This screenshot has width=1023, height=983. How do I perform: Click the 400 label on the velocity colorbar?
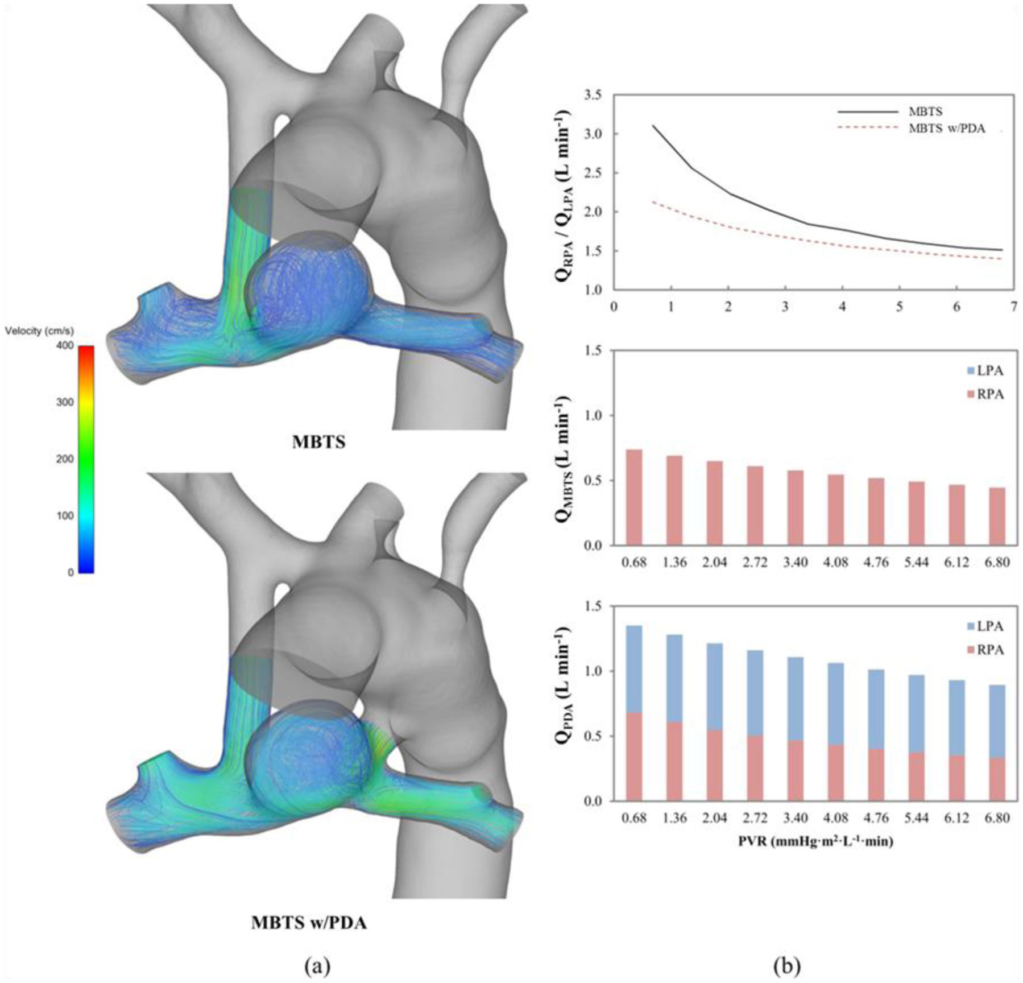(x=67, y=346)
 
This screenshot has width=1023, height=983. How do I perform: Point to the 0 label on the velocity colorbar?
(x=71, y=573)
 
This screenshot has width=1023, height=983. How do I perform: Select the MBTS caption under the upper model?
(x=318, y=442)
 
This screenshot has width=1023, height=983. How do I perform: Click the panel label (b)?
(x=787, y=965)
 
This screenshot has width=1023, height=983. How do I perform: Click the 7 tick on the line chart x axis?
(x=1014, y=307)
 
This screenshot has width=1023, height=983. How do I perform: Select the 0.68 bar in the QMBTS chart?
(x=634, y=497)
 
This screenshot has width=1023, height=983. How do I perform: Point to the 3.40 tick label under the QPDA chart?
(x=795, y=818)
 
